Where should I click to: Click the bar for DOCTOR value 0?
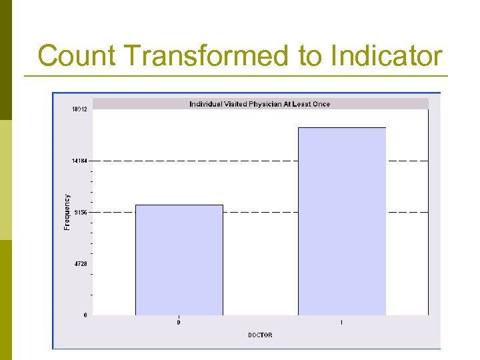coord(179,260)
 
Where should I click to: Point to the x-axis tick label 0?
coord(179,323)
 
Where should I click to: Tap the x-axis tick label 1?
coord(341,323)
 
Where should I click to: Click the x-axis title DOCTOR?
coord(260,335)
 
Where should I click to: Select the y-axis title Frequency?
coord(67,212)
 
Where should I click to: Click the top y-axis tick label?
coord(79,109)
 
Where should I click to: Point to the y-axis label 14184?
coord(79,161)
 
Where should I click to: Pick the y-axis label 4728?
coord(81,263)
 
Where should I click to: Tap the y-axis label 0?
coord(85,315)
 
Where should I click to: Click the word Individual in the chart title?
coord(207,104)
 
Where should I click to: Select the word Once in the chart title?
coord(321,104)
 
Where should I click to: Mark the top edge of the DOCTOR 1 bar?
coord(341,127)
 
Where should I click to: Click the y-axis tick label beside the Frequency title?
coord(81,212)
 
